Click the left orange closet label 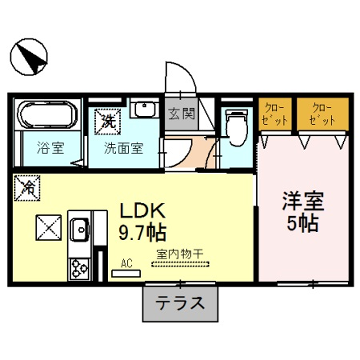click(x=274, y=113)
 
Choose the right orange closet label click(x=321, y=113)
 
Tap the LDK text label click(x=143, y=212)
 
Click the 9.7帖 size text click(x=143, y=232)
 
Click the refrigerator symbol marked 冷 click(x=28, y=187)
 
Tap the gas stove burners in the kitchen click(x=78, y=268)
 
